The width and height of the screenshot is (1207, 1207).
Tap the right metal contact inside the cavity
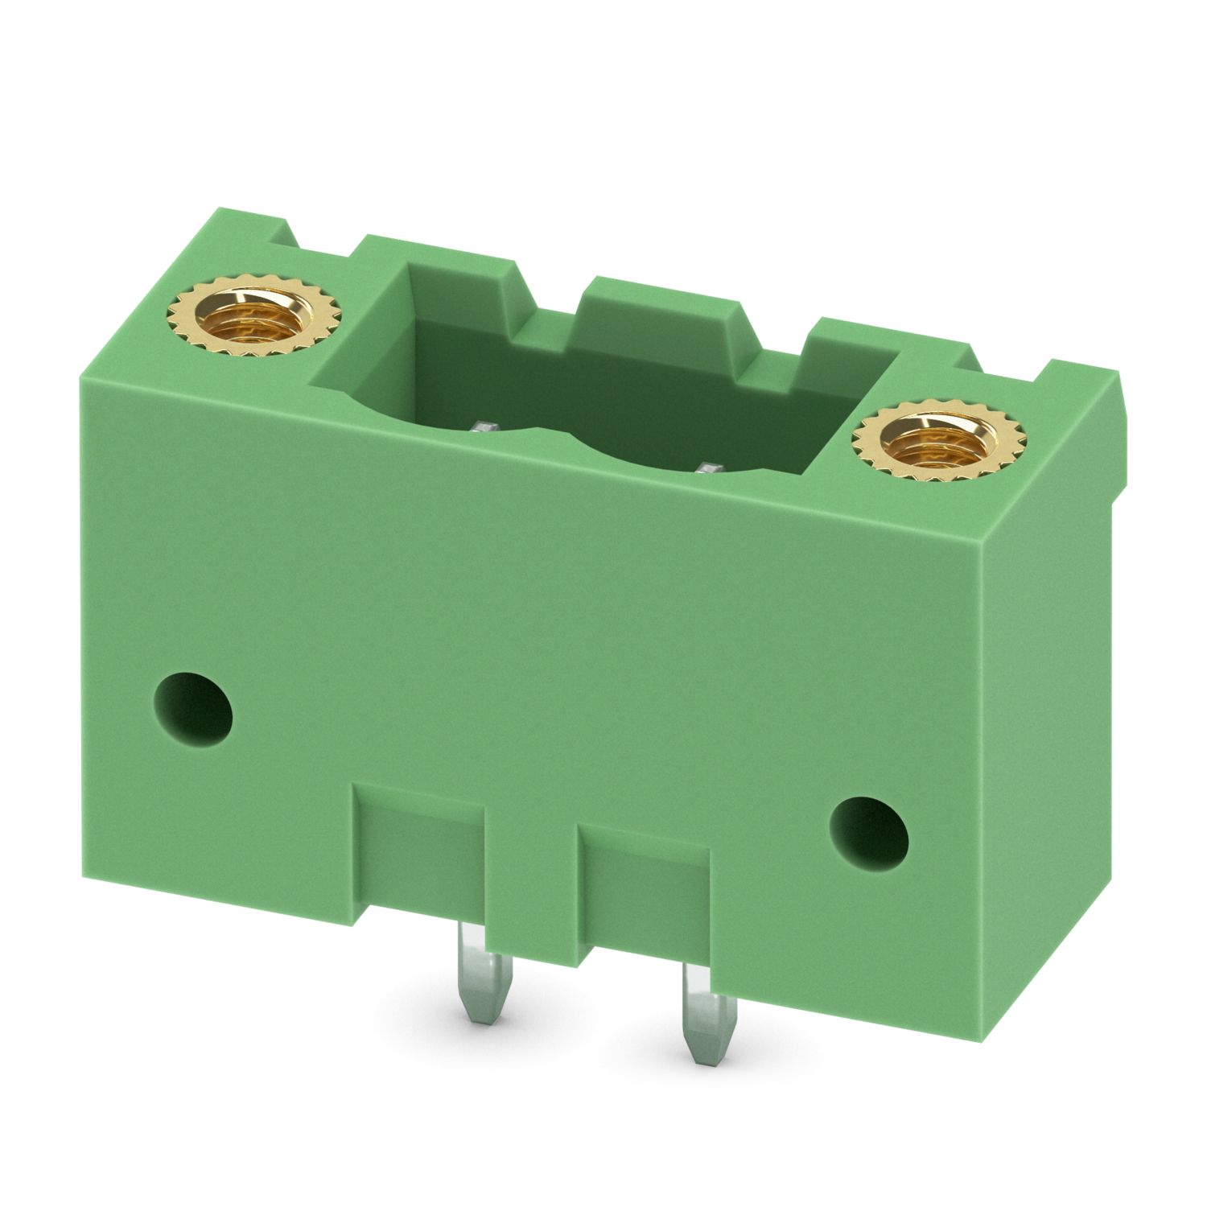pos(709,468)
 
